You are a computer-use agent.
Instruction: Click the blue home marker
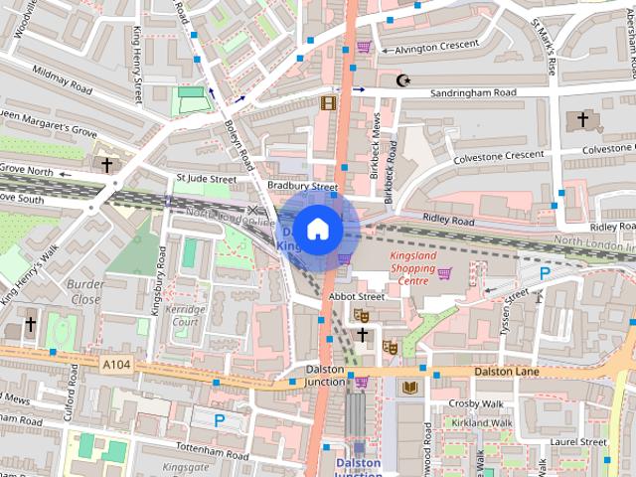click(317, 229)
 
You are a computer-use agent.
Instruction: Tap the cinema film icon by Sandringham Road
click(328, 101)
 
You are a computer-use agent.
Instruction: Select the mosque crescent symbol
click(403, 79)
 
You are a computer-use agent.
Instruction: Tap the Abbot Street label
click(357, 296)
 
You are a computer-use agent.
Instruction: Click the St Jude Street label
click(206, 180)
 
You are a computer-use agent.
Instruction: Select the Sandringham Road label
click(473, 92)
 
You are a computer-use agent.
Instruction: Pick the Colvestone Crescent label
click(499, 156)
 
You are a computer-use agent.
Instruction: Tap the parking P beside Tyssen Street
click(545, 273)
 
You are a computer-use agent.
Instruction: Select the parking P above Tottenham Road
click(220, 420)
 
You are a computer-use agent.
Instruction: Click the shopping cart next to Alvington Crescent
click(365, 47)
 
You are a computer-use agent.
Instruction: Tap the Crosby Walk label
click(476, 403)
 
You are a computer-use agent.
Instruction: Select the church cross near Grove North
click(107, 164)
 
